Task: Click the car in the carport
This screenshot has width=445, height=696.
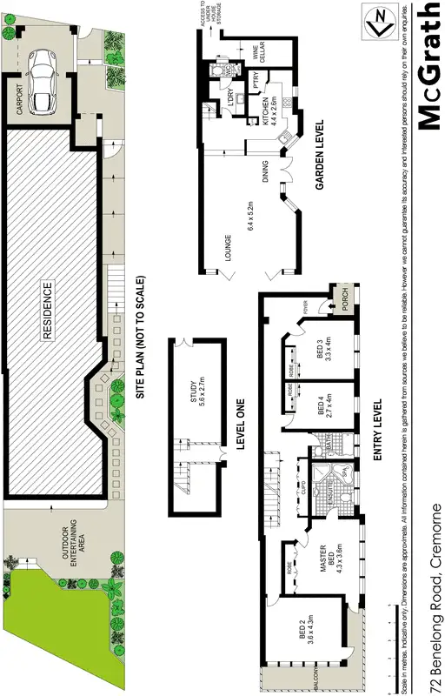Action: click(x=42, y=80)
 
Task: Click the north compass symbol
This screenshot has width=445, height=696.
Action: click(x=380, y=23)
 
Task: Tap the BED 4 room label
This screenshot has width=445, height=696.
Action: click(x=323, y=407)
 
